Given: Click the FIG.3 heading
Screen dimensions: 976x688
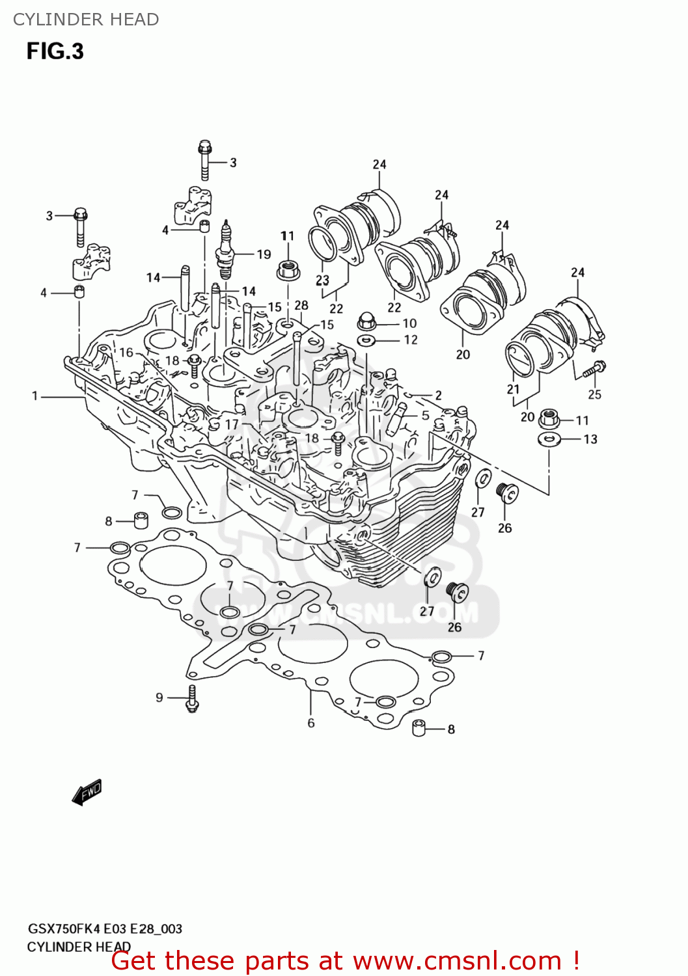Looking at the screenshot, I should pyautogui.click(x=55, y=51).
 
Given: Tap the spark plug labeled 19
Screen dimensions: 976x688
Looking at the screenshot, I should pyautogui.click(x=225, y=251).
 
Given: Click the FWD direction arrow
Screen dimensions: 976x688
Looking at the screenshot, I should pyautogui.click(x=87, y=792).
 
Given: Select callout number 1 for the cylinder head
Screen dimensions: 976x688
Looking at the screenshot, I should pyautogui.click(x=35, y=396).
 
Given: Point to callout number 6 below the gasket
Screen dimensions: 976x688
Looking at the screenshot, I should pyautogui.click(x=311, y=723).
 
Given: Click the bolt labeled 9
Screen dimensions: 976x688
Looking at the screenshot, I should pyautogui.click(x=192, y=699).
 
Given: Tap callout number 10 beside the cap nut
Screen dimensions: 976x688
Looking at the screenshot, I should pyautogui.click(x=409, y=323).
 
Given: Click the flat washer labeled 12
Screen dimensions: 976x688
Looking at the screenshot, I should pyautogui.click(x=366, y=340).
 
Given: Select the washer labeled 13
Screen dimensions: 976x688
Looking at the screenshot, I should pyautogui.click(x=549, y=439).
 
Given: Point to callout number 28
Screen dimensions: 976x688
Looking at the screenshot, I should pyautogui.click(x=301, y=305).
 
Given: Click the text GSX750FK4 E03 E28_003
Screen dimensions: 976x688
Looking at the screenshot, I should pyautogui.click(x=105, y=929).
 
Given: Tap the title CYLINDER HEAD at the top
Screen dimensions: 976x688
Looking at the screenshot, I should pyautogui.click(x=86, y=20).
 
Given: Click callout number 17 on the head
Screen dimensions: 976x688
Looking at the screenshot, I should pyautogui.click(x=232, y=424).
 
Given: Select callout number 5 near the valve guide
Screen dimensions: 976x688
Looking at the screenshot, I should pyautogui.click(x=425, y=415).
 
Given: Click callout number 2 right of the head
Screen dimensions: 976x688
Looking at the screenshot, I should pyautogui.click(x=438, y=395).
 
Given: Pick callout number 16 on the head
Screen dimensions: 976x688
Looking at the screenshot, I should pyautogui.click(x=126, y=352).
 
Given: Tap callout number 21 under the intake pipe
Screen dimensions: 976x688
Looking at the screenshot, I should pyautogui.click(x=514, y=389).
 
